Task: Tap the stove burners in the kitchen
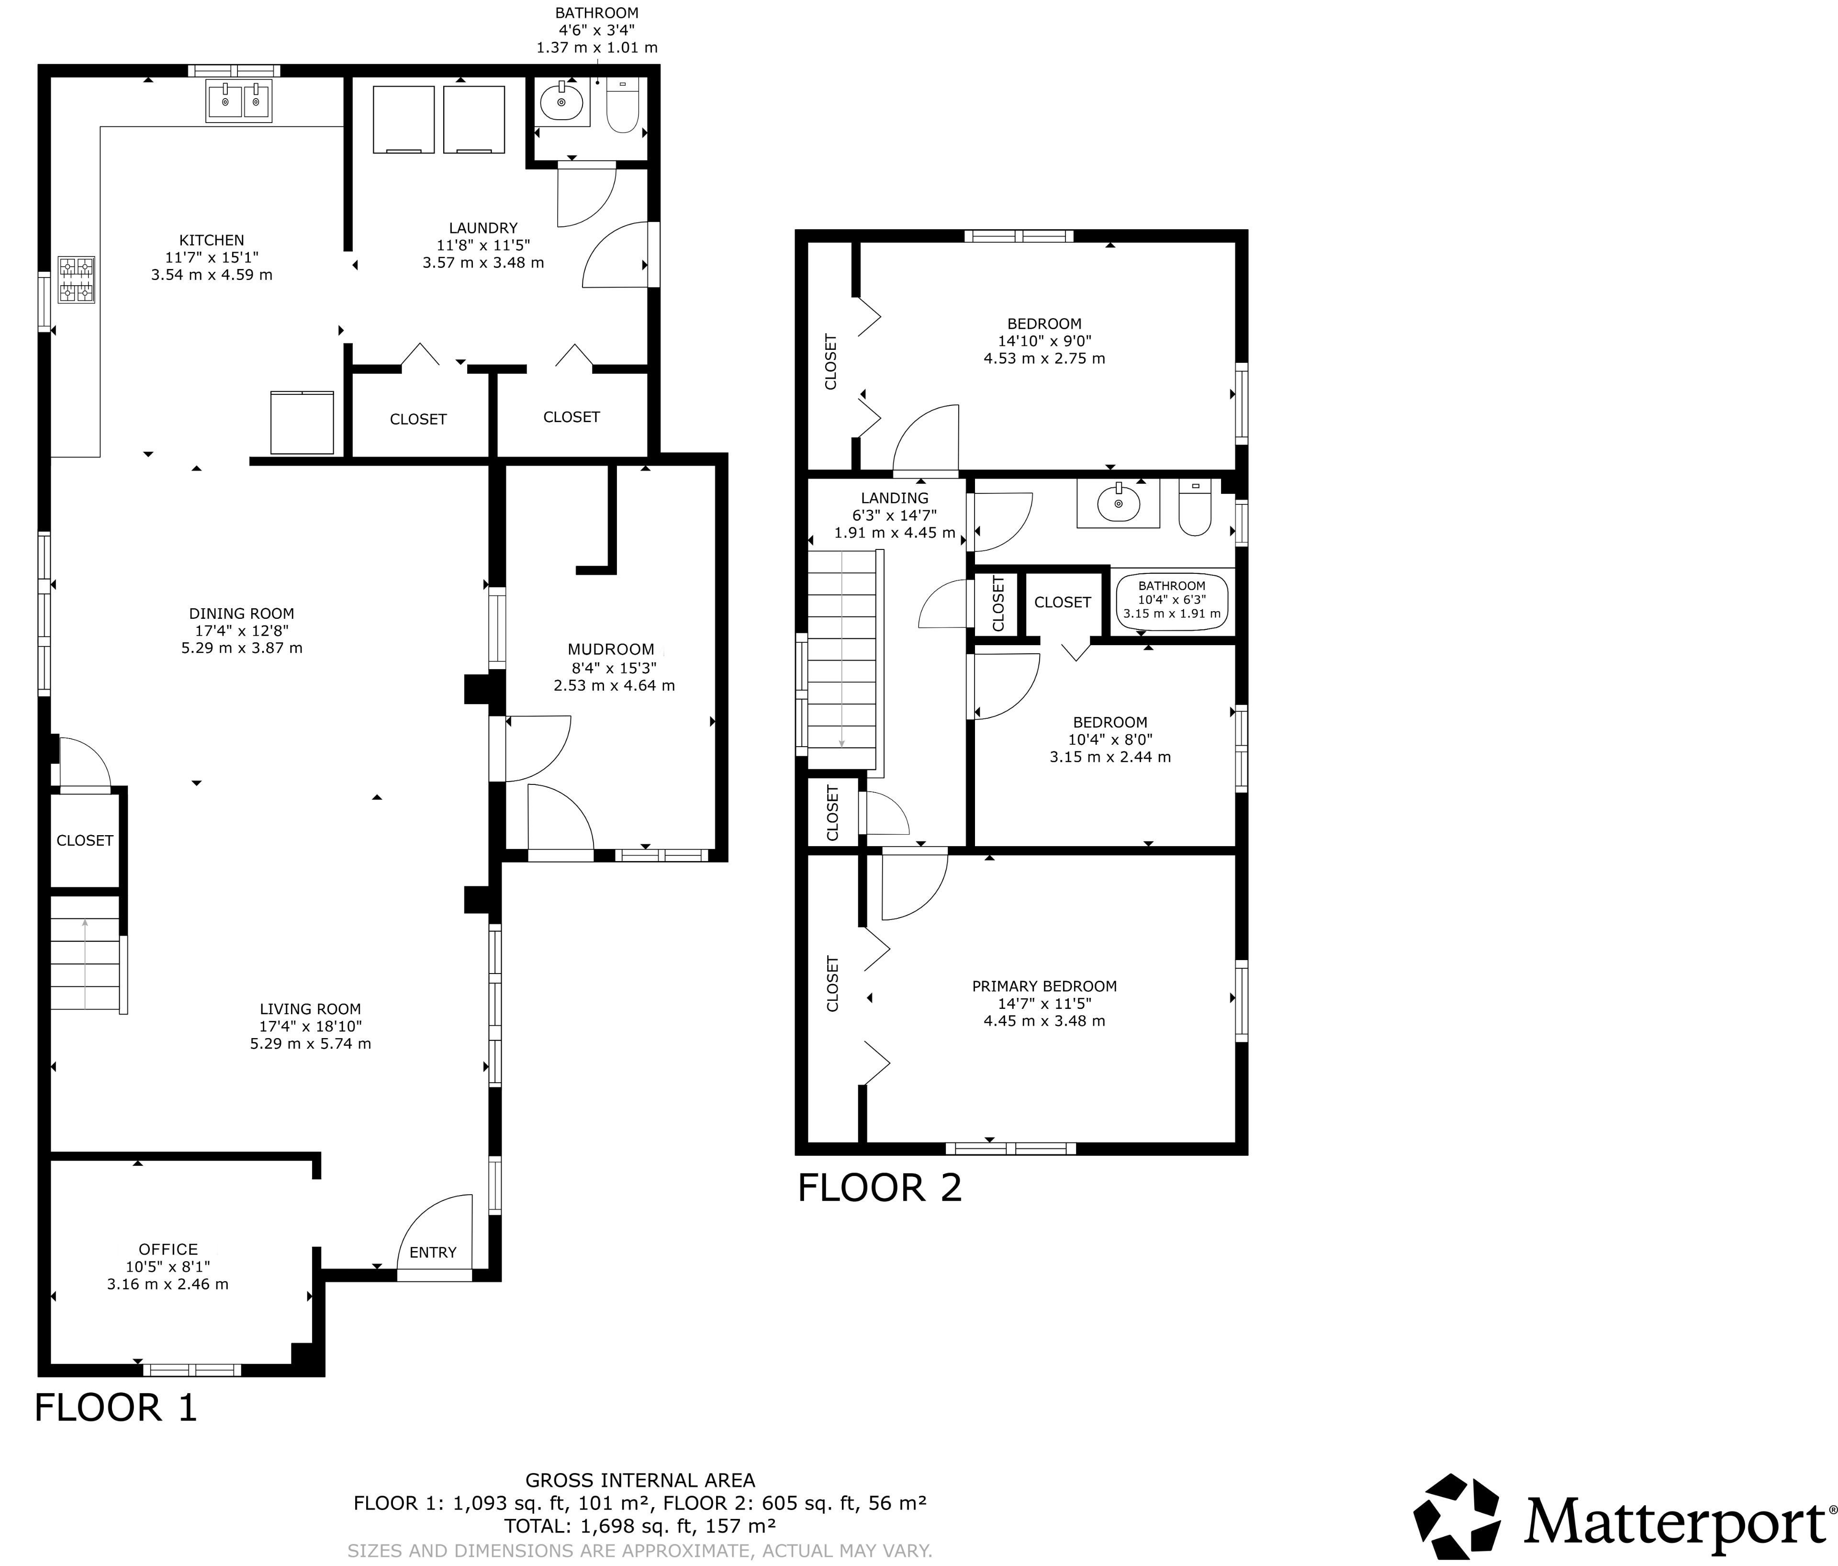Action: [x=76, y=280]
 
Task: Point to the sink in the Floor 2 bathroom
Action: [x=1119, y=503]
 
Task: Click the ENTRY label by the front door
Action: [x=433, y=1252]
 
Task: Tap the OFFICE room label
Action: [x=168, y=1249]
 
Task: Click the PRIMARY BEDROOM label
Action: [x=1044, y=986]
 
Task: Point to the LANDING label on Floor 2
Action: [x=894, y=498]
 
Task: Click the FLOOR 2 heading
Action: [x=879, y=1187]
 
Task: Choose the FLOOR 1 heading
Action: [x=115, y=1407]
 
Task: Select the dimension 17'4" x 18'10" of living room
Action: [x=311, y=1026]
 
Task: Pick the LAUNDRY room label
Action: [x=483, y=228]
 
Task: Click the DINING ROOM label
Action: [x=241, y=614]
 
